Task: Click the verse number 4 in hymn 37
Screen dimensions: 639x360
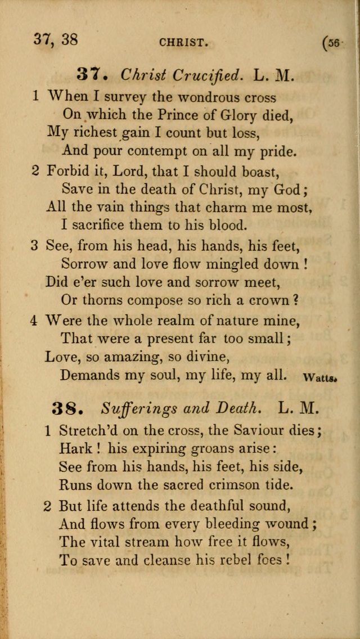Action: [x=34, y=320]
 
